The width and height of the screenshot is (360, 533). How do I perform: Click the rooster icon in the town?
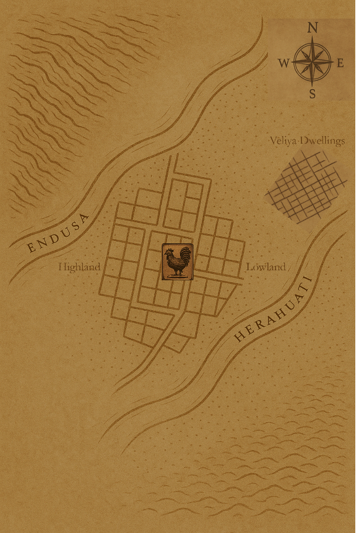(x=177, y=262)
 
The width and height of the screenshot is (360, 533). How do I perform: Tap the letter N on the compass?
(x=313, y=28)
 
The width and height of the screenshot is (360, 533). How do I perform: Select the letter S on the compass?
(x=313, y=94)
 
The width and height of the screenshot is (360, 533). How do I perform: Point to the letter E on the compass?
(x=341, y=63)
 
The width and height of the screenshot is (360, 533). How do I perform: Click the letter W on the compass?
(x=283, y=63)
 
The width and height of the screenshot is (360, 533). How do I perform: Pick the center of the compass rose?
(x=313, y=61)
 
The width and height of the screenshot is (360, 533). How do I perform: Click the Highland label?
(x=79, y=267)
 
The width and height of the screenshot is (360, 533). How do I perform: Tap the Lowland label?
(x=266, y=267)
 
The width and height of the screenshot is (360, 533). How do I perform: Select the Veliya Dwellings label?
(x=307, y=141)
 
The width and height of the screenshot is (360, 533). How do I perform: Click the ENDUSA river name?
(x=58, y=233)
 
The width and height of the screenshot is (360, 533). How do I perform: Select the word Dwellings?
(x=323, y=141)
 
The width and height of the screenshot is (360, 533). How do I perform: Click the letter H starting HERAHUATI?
(x=239, y=337)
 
